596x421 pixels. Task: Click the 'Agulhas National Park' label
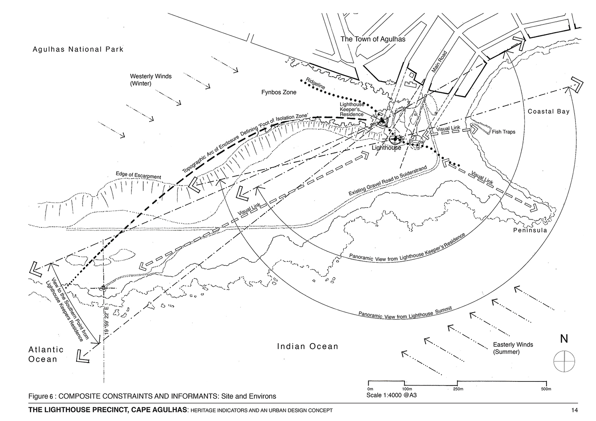click(x=78, y=49)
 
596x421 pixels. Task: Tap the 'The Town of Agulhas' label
click(x=373, y=39)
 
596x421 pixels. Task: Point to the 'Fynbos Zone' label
click(x=279, y=92)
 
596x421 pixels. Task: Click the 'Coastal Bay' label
click(x=549, y=112)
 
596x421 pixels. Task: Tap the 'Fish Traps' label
click(x=503, y=132)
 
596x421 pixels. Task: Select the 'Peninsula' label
click(x=530, y=230)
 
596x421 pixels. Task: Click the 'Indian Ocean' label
click(x=307, y=346)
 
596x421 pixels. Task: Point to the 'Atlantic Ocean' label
click(x=46, y=354)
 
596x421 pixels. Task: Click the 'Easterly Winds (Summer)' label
click(x=512, y=348)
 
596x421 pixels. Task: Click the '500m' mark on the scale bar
click(x=546, y=389)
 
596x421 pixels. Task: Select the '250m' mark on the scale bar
click(x=458, y=389)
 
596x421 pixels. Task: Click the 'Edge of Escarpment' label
click(x=138, y=176)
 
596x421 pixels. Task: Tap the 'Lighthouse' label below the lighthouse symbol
click(x=386, y=147)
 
